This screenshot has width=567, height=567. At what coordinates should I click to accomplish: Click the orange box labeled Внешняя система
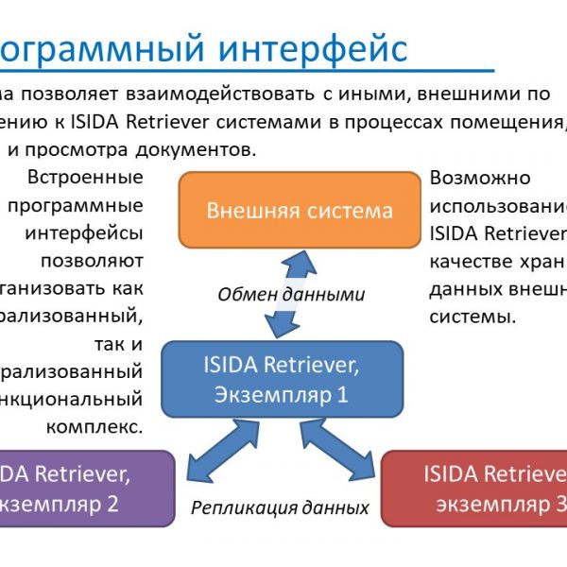[x=299, y=209]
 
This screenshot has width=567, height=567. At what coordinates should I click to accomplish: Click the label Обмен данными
[x=291, y=294]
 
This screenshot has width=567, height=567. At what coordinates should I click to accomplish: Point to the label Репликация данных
[x=280, y=507]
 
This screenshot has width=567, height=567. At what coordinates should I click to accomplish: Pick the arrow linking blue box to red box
[x=349, y=453]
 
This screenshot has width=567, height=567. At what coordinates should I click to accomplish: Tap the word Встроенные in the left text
[x=86, y=178]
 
